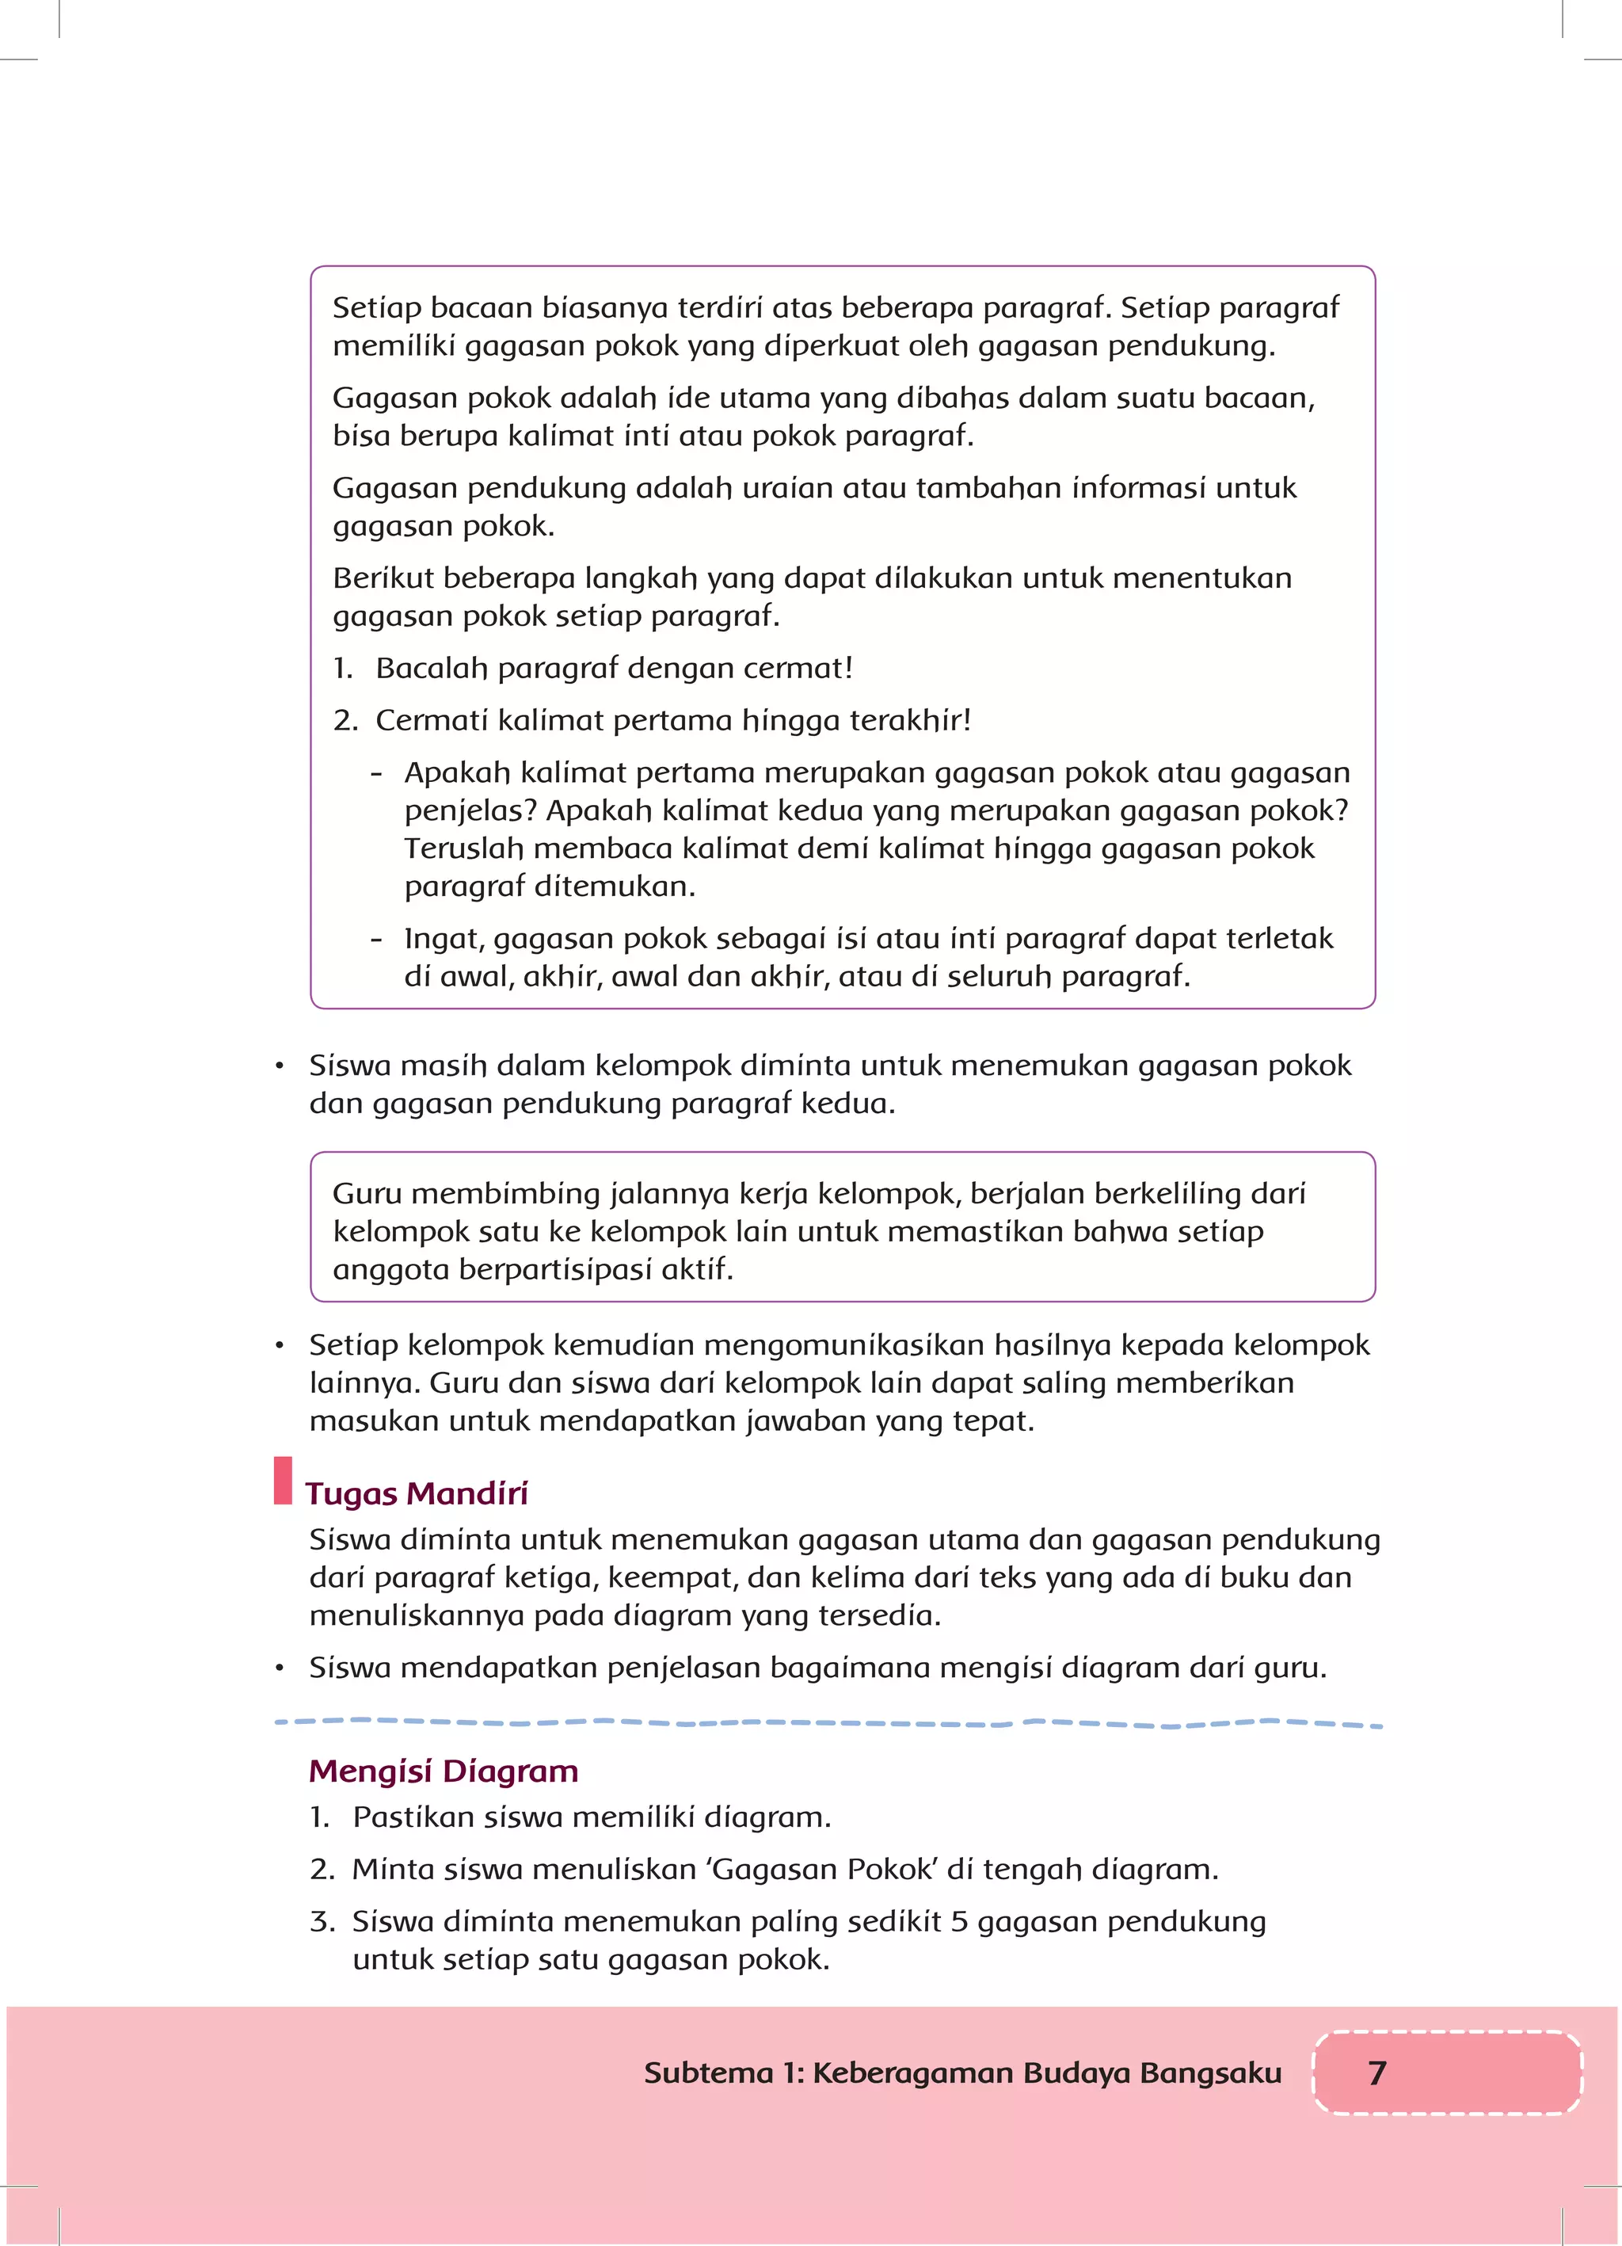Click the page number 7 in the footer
[1376, 2072]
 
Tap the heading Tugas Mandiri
[416, 1493]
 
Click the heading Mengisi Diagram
[443, 1770]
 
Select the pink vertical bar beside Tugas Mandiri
[284, 1481]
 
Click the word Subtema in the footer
[707, 2072]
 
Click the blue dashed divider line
[828, 1723]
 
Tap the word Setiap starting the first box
[376, 308]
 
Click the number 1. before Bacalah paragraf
[343, 669]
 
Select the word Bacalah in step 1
[432, 669]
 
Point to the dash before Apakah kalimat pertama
[376, 773]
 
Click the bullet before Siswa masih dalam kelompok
[280, 1066]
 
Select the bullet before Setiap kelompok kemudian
[280, 1346]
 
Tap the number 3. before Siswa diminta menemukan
[322, 1921]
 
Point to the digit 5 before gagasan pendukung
[958, 1921]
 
